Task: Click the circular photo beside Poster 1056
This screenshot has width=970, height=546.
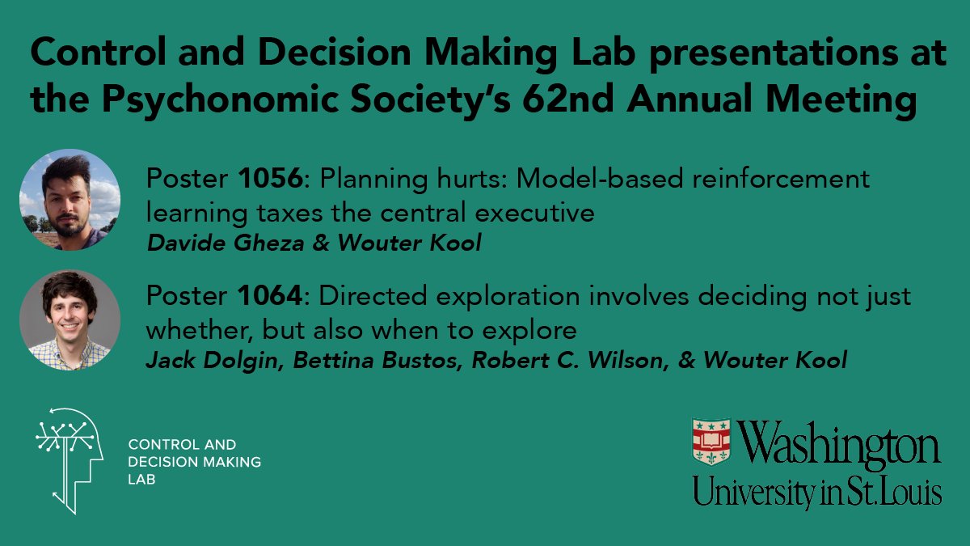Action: [70, 199]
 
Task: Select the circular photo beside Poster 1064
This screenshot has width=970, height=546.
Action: [70, 320]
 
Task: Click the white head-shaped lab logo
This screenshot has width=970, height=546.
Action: [69, 457]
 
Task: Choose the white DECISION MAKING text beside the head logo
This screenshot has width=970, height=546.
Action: [194, 462]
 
